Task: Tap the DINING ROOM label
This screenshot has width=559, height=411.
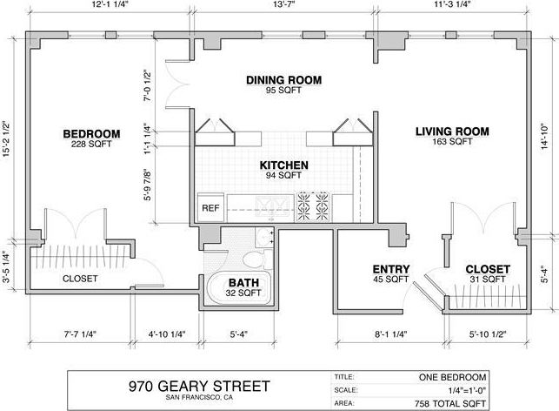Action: pyautogui.click(x=283, y=80)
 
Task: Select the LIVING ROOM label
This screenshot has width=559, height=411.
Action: pyautogui.click(x=451, y=131)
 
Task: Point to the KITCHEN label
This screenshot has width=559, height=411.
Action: pyautogui.click(x=283, y=165)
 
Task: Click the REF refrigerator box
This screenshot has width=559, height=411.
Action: pyautogui.click(x=210, y=208)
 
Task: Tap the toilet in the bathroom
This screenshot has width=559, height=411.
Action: pyautogui.click(x=251, y=259)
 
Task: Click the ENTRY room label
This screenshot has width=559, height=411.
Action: pyautogui.click(x=390, y=269)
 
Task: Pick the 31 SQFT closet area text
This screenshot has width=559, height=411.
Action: pyautogui.click(x=487, y=280)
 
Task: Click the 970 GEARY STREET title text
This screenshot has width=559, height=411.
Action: pyautogui.click(x=199, y=385)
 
